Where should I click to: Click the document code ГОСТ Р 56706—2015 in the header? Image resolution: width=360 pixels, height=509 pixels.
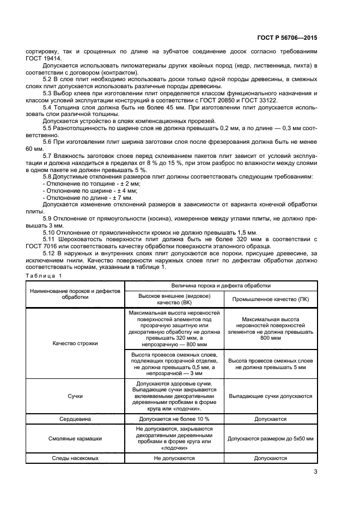click(x=286, y=39)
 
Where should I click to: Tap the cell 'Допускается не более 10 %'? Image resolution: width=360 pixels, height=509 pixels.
click(x=174, y=420)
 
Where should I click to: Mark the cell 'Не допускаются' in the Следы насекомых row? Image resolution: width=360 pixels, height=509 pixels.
click(x=174, y=458)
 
